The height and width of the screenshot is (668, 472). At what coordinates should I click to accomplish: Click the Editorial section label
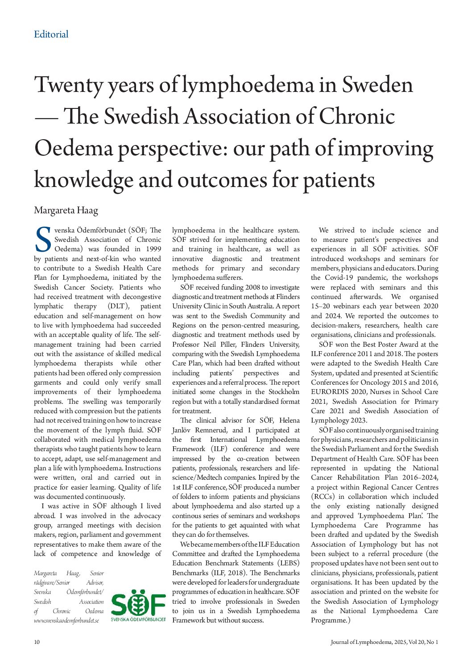coord(51,34)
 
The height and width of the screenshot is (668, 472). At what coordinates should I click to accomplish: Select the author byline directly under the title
coord(66,210)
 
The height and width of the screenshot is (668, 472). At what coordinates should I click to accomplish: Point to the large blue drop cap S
coord(43,240)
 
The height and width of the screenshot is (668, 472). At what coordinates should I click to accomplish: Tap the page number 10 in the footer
coord(37,642)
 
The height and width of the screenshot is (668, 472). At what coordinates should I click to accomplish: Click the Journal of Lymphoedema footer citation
coord(384,642)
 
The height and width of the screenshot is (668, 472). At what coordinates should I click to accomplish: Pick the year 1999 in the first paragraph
coord(153,249)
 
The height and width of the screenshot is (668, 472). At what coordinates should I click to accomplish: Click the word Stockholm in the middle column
coord(284,392)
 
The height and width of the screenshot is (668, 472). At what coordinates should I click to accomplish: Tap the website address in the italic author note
coord(66,620)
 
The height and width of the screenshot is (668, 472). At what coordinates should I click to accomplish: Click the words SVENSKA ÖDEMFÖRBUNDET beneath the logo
coord(138,619)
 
